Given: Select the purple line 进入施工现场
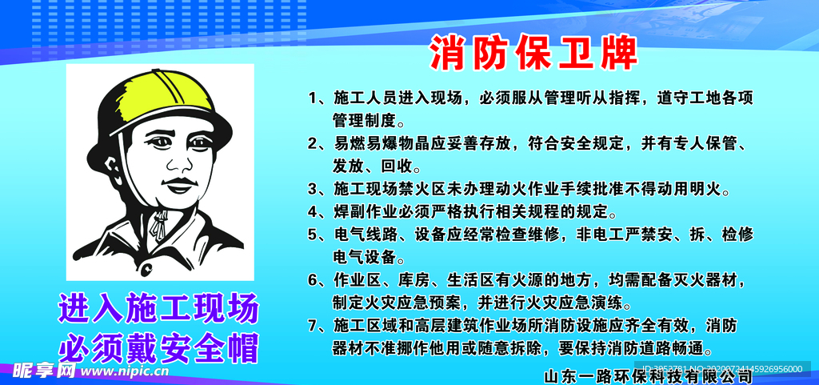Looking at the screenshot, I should pos(158,308).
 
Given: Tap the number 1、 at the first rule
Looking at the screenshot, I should pos(318,98).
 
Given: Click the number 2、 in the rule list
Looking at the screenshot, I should pos(318,144).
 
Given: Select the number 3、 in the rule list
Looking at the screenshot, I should pos(318,190).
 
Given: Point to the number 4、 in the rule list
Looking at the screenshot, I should pos(318,212).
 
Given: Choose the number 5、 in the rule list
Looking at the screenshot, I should pos(318,235).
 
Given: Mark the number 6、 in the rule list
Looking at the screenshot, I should pos(318,280).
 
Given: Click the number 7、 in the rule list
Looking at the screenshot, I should pos(318,326).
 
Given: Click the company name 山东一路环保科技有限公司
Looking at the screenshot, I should pos(648,375).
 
